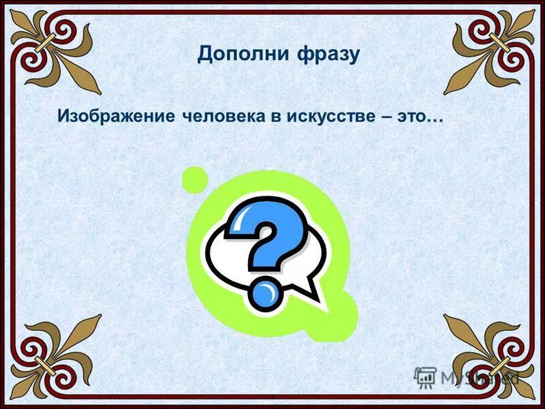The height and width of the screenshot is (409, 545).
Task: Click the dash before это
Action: (387, 117)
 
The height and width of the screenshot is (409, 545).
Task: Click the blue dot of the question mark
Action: (264, 294)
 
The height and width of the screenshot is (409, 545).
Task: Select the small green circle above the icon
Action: (196, 179)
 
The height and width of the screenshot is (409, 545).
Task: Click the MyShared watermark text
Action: (477, 376)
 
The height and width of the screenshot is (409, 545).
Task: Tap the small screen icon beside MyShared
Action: (425, 377)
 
